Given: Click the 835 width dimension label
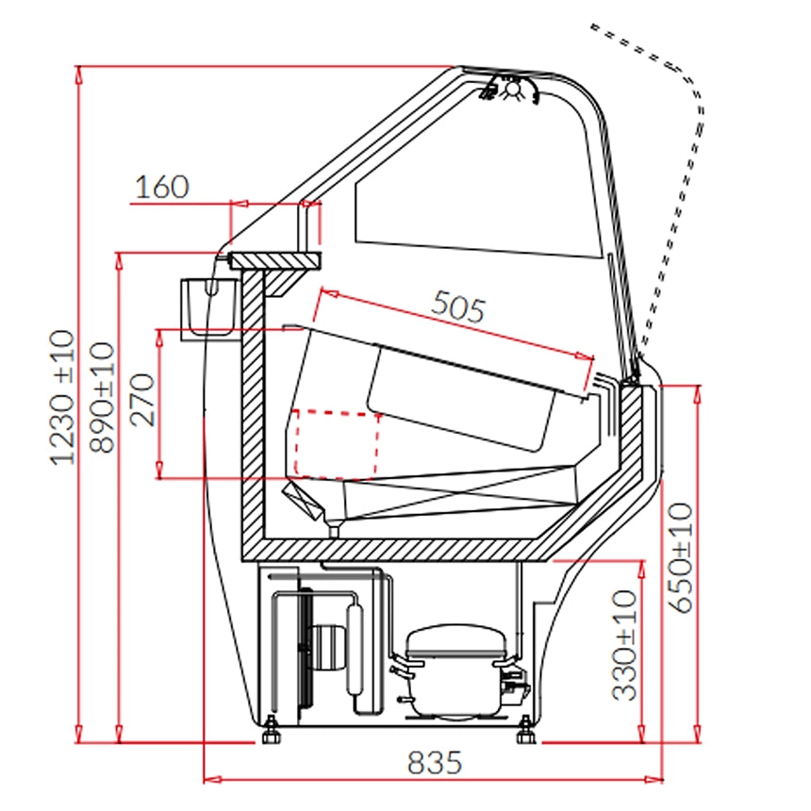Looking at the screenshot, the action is pos(434,762).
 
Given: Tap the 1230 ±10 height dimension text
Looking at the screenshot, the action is pos(63,397).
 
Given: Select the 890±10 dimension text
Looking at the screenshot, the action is pos(102,397).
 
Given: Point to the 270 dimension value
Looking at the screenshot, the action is pos(142,400).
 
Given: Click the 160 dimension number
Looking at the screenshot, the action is pos(162,187).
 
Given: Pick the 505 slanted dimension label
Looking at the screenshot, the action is pos(458,306).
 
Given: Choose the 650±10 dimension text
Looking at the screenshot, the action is pos(681,557).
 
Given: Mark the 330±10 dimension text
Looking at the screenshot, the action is pos(624,645).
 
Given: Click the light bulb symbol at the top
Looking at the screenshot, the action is pos(512,89).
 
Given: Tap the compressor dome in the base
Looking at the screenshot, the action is pos(455,642).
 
